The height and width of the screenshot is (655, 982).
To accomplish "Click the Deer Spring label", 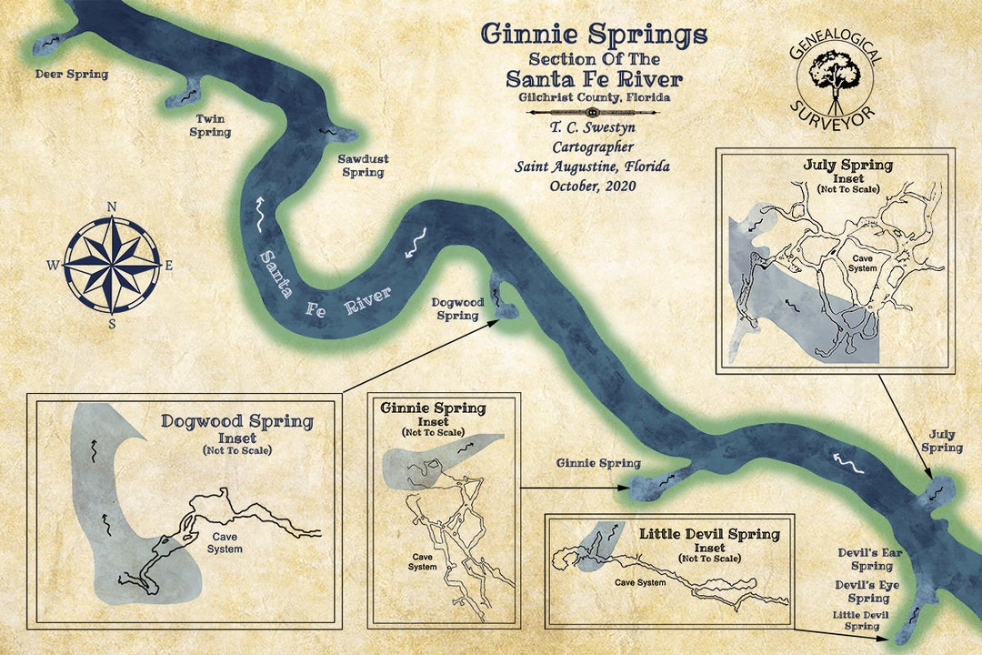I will point(71,74).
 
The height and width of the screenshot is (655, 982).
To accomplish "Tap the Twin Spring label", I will point(210,126).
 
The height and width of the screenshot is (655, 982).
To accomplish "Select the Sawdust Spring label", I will point(363,166).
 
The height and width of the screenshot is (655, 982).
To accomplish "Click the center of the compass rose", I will point(112,265).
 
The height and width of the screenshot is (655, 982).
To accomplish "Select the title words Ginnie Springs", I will point(594,35).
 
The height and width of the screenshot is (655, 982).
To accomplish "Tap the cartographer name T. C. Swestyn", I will point(595,128).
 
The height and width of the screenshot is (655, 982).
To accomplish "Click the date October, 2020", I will point(593,186).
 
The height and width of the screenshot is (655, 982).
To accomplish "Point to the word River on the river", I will point(367,300).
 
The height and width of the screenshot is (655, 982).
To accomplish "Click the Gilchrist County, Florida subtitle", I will point(595,96).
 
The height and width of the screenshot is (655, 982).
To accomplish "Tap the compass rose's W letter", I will point(54,266).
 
